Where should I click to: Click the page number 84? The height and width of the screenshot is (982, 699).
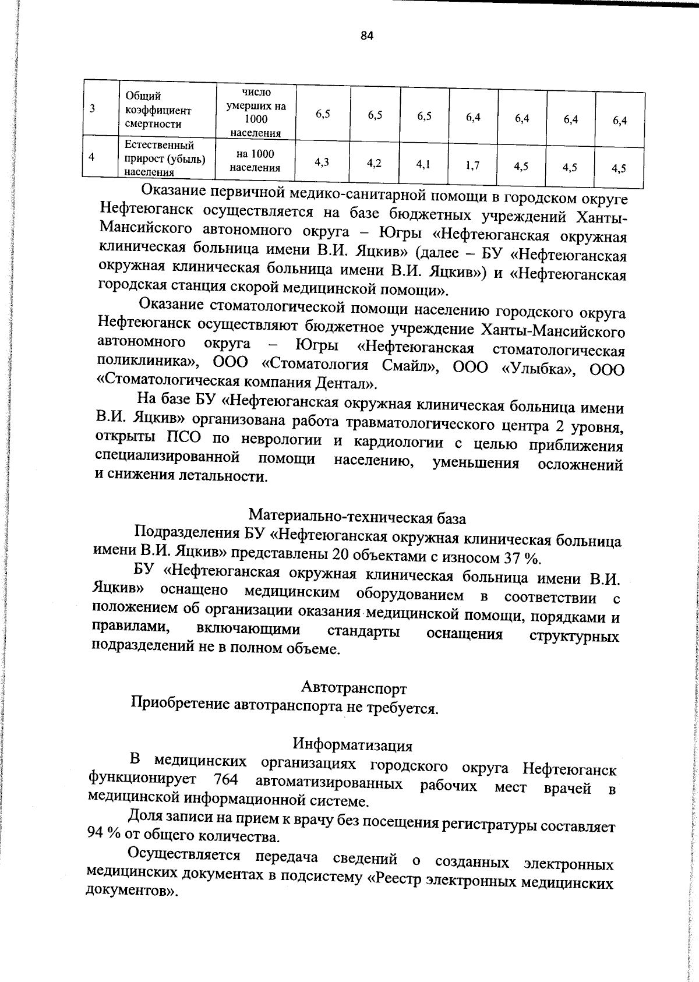coord(366,36)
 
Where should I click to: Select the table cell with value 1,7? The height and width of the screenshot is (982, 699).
coord(472,165)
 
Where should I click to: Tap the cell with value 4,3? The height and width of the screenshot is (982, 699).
coord(322,163)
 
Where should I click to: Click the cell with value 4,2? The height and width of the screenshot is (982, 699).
coord(375,163)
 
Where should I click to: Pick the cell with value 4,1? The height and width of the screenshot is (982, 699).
coord(423,164)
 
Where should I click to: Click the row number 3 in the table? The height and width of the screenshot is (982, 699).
coord(93,108)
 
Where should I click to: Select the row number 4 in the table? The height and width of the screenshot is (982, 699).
coord(92,156)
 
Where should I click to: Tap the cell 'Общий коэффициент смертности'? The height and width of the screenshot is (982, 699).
coord(158,110)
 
